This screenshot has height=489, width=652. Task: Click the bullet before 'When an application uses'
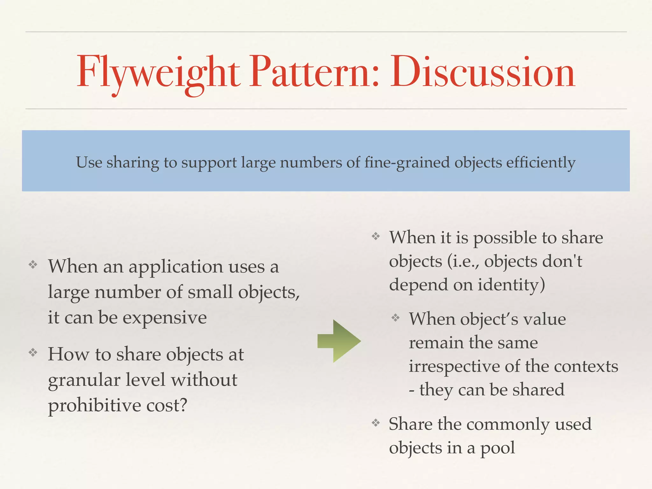[33, 265]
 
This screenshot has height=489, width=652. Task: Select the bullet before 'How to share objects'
[33, 352]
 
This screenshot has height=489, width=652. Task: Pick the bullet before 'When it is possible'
[376, 236]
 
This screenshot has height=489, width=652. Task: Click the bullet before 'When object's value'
[395, 317]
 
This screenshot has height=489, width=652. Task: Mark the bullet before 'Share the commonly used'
[376, 423]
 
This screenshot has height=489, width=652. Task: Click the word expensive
[165, 318]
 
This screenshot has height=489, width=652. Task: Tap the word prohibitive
[94, 406]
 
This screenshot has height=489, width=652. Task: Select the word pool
[497, 448]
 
